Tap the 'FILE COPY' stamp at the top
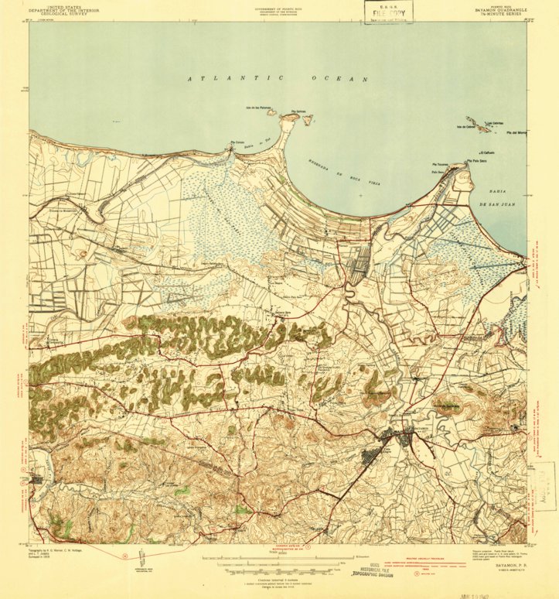pyautogui.click(x=389, y=13)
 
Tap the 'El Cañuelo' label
pyautogui.click(x=486, y=153)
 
